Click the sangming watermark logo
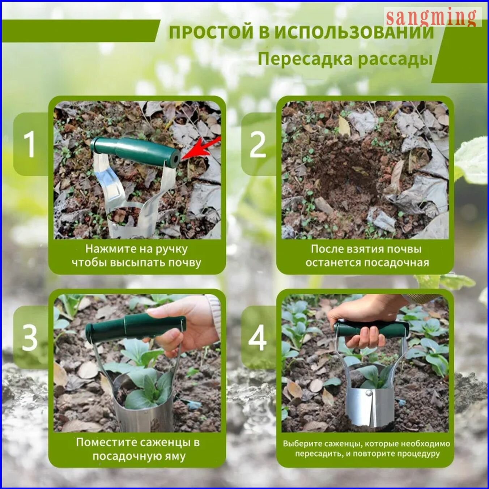coord(433,17)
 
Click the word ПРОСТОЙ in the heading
coord(211,33)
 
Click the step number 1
coord(29,145)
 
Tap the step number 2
coord(258,145)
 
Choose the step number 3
coord(30,338)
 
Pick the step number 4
coord(258,338)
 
